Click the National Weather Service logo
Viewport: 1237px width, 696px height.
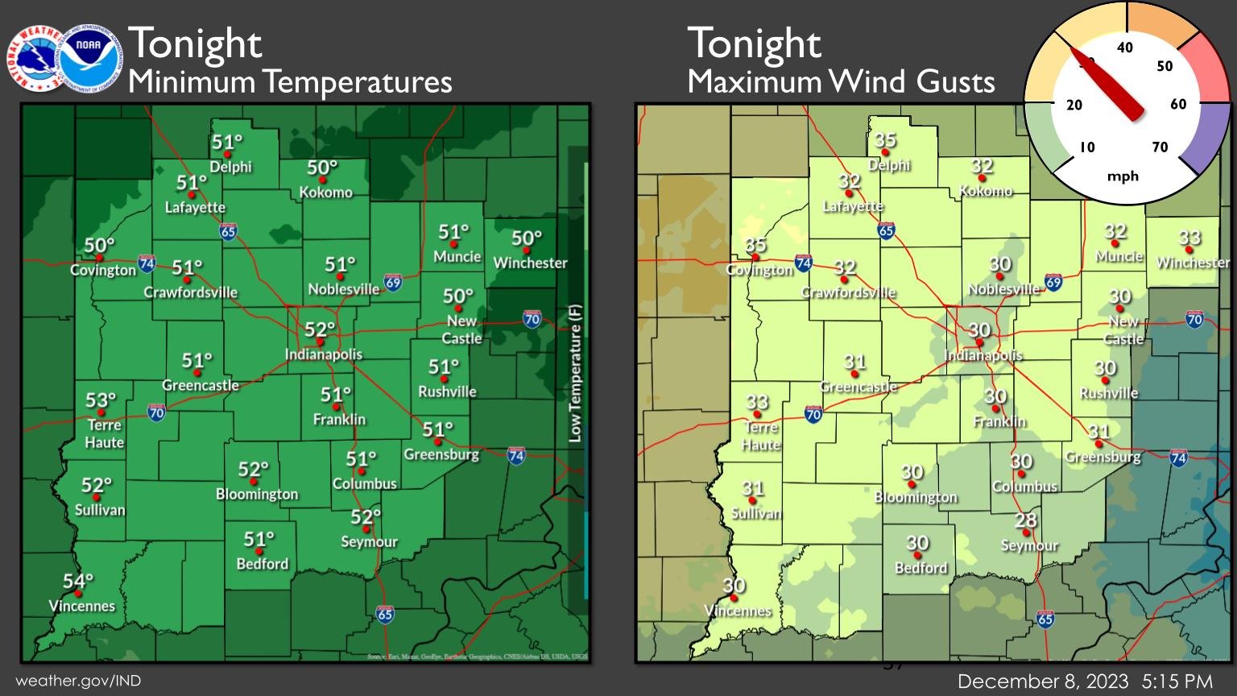pos(37,58)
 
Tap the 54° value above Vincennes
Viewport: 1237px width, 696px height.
pos(78,581)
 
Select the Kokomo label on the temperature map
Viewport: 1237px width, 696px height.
pos(325,193)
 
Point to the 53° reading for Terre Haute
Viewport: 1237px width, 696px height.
pos(101,400)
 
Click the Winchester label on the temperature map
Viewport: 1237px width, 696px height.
pos(530,263)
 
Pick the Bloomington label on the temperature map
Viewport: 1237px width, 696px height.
pos(256,494)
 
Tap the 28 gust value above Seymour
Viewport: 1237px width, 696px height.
pos(1025,520)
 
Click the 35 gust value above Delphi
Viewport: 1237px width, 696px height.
pos(885,140)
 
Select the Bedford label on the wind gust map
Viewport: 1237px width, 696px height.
pos(921,568)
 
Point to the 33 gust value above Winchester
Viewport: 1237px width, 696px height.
pos(1189,238)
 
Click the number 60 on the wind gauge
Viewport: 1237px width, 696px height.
pos(1178,104)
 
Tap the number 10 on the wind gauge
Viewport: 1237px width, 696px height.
pos(1087,147)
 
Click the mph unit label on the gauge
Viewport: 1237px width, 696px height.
pos(1123,176)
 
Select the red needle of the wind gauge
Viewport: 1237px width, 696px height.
pos(1108,83)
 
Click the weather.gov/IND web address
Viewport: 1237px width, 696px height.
pos(78,681)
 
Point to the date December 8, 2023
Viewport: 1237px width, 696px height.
pos(1043,681)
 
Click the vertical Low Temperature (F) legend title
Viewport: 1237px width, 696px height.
pos(575,372)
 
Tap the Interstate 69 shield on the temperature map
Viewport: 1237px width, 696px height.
pos(392,282)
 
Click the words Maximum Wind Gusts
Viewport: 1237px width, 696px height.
pos(841,81)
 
